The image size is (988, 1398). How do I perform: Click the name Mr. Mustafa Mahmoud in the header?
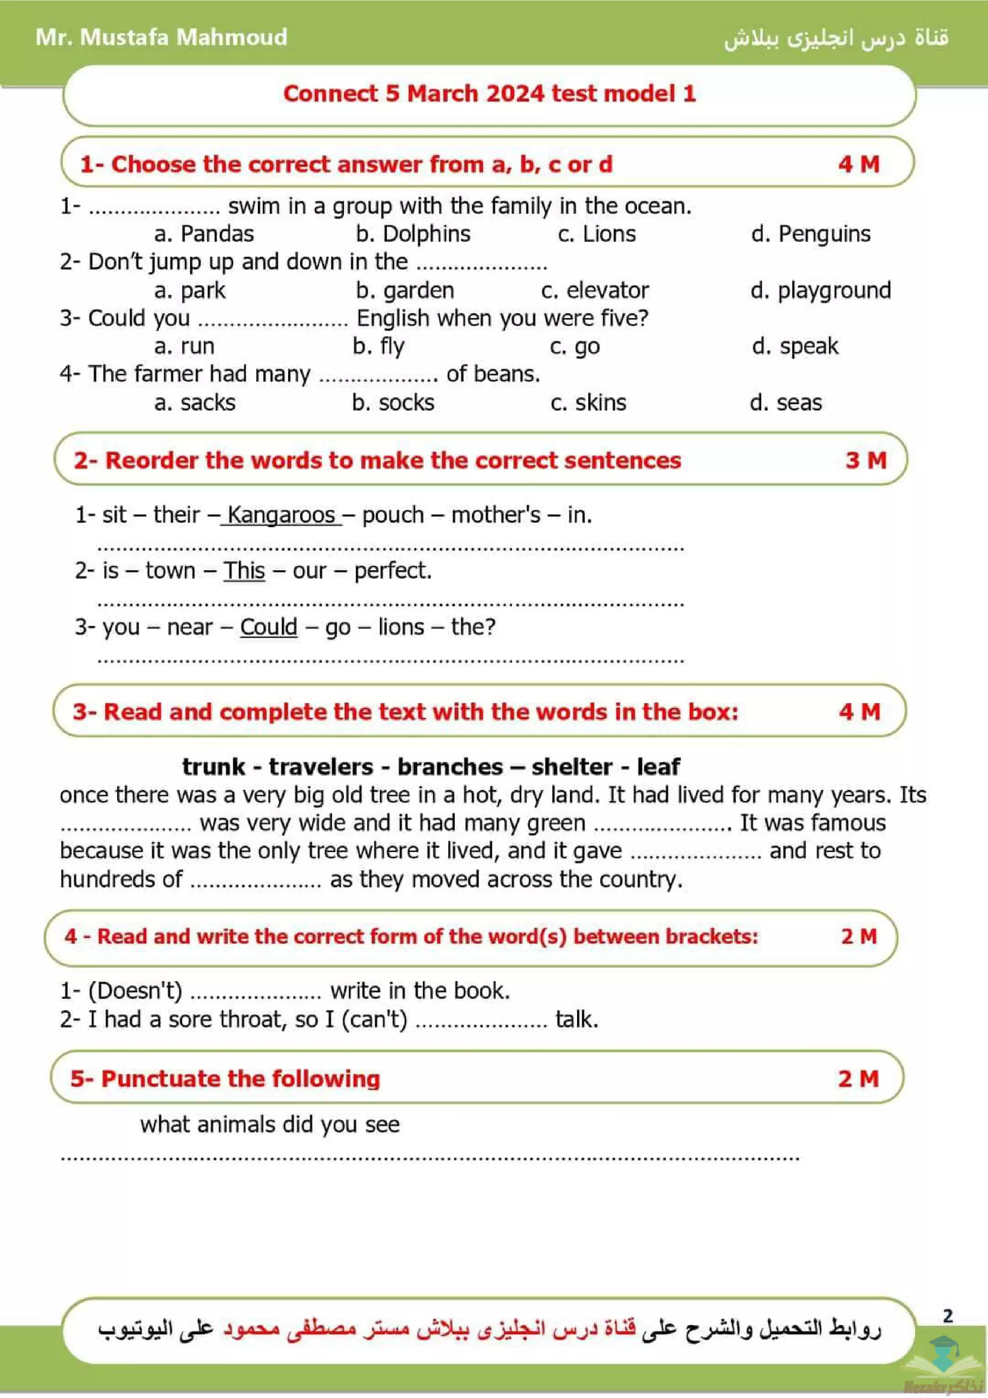pyautogui.click(x=161, y=37)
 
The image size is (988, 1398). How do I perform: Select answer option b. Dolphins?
pyautogui.click(x=413, y=234)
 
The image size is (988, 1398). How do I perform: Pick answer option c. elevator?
pyautogui.click(x=595, y=291)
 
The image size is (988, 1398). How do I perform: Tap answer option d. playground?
pyautogui.click(x=820, y=291)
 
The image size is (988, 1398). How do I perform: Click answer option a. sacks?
pyautogui.click(x=195, y=403)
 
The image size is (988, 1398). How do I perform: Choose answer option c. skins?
pyautogui.click(x=588, y=403)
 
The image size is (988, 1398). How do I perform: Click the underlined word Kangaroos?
pyautogui.click(x=281, y=515)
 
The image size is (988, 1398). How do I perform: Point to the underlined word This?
pyautogui.click(x=244, y=571)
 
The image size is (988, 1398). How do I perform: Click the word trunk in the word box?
pyautogui.click(x=213, y=767)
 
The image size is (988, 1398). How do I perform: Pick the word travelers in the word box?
pyautogui.click(x=321, y=767)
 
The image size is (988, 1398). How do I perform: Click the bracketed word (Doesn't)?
pyautogui.click(x=135, y=991)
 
